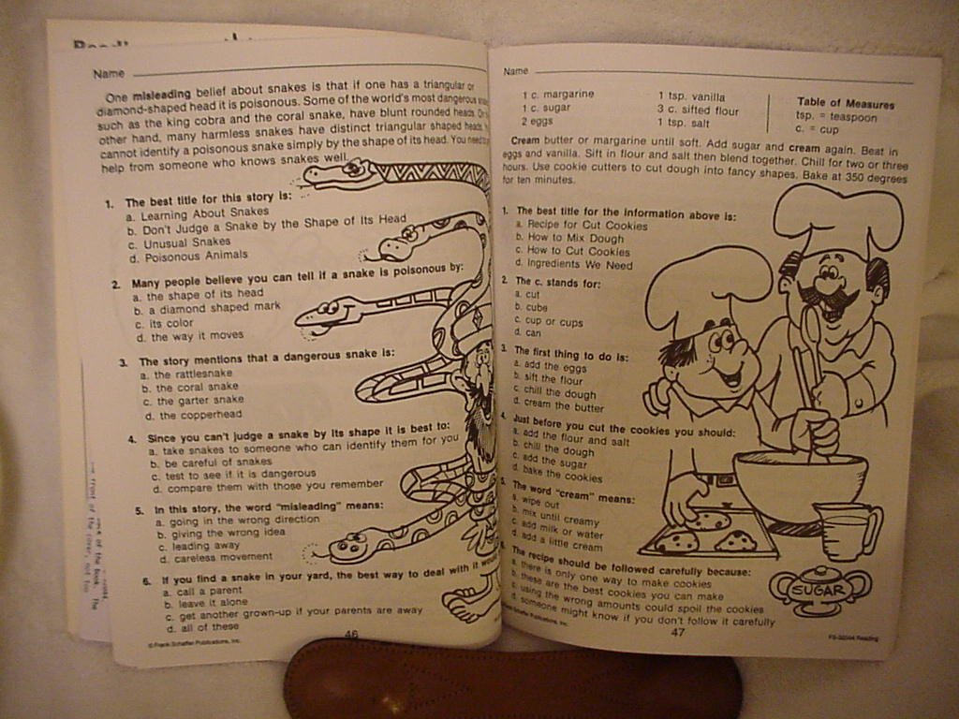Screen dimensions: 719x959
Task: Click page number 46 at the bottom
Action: [351, 634]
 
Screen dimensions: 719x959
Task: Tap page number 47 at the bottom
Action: [678, 632]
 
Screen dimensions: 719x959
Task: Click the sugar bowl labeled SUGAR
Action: [820, 589]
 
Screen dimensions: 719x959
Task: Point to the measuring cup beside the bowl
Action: [847, 530]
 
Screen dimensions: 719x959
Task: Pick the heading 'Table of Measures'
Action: [845, 104]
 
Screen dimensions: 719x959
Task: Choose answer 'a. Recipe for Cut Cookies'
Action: [581, 226]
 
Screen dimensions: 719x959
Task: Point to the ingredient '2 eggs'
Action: [538, 121]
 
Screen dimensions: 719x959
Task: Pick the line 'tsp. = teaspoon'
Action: [836, 117]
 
